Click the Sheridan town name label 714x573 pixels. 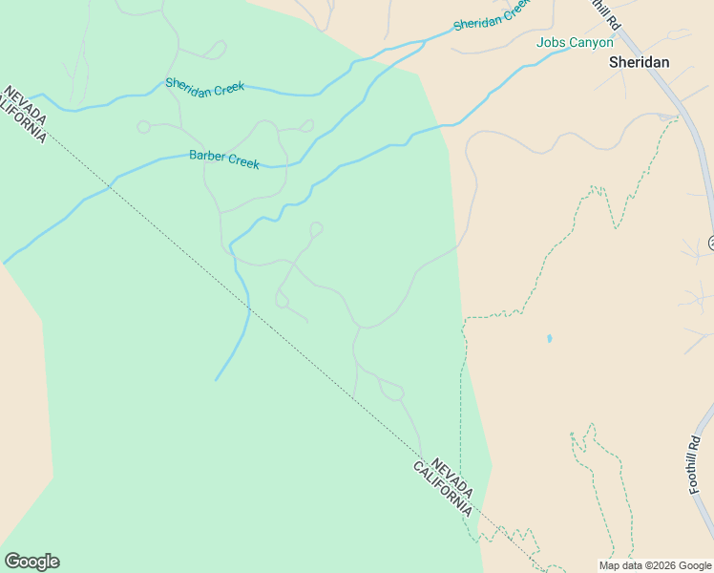639,62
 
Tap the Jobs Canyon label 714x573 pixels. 575,43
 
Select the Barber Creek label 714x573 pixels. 224,159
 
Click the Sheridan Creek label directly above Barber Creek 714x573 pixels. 205,86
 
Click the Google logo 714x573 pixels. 31,562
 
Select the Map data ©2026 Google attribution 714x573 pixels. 655,565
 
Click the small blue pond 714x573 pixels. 549,338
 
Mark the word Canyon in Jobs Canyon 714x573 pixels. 592,43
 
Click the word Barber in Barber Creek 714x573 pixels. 207,156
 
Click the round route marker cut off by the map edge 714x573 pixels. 711,244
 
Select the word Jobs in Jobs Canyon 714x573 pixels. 551,43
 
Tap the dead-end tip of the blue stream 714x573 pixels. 216,379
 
